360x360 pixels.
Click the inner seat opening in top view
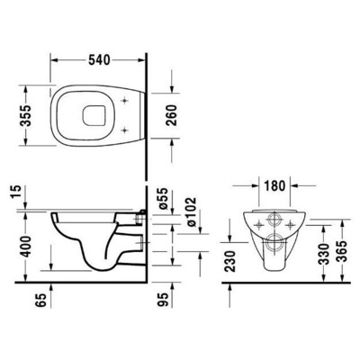[118, 112]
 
